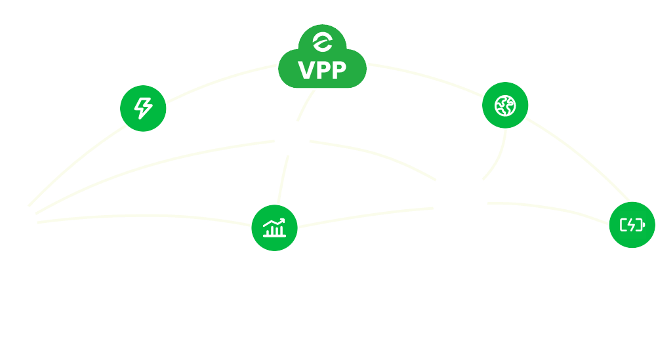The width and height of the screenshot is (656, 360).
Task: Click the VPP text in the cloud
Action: [x=322, y=70]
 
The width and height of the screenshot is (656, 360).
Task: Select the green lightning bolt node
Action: [x=143, y=108]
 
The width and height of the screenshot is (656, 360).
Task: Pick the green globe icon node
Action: [x=505, y=104]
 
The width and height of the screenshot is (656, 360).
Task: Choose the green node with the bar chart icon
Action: [x=275, y=228]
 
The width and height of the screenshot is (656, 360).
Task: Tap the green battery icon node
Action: [x=632, y=225]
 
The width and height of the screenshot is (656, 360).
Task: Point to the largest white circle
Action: [x=459, y=196]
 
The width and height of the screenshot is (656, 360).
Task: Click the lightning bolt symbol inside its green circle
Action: [x=143, y=108]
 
